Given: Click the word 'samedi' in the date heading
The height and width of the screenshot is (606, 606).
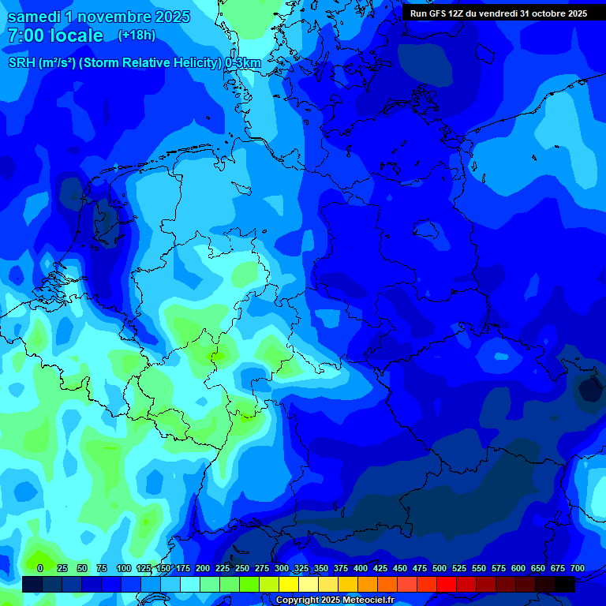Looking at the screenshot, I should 35,17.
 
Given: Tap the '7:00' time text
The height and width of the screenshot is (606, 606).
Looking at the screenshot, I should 26,36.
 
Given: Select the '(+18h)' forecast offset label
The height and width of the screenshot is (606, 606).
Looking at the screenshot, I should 137,35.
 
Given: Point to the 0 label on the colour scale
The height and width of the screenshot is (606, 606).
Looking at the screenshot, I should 40,569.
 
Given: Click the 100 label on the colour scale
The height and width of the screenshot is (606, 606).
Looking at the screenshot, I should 124,569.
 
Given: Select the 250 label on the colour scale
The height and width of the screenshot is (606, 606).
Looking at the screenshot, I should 242,569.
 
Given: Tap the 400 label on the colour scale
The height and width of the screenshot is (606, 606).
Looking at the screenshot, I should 361,569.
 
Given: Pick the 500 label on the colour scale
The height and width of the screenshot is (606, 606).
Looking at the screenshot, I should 440,569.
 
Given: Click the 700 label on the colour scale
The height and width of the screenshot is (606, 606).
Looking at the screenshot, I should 578,569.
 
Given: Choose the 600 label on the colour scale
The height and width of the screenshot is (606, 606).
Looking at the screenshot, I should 518,569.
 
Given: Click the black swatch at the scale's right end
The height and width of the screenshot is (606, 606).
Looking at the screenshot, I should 565,584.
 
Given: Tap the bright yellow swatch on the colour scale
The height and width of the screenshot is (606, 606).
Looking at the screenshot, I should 289,584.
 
